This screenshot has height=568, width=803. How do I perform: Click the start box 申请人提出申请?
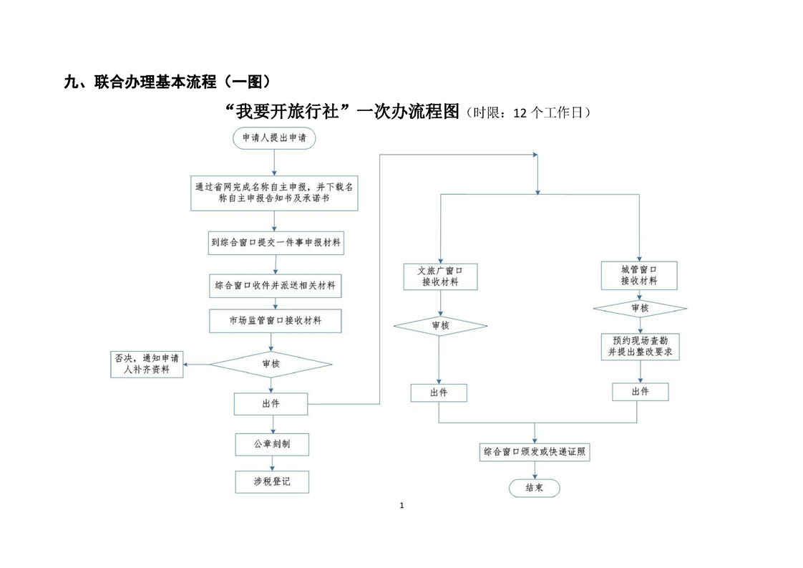pos(274,138)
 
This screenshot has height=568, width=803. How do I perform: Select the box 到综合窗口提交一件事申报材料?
pos(276,243)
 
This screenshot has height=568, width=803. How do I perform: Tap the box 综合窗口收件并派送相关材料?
pos(276,286)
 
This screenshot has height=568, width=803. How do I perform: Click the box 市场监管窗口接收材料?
pos(276,321)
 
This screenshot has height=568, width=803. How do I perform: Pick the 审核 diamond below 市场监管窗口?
pos(271,364)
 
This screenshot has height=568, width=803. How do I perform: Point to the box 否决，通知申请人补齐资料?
pos(147,364)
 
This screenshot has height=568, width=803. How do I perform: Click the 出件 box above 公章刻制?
pos(271,404)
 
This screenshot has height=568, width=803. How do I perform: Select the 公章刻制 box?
pos(272,444)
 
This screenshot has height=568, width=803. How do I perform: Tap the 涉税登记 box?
pos(272,482)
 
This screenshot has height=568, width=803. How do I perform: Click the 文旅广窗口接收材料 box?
pos(440,276)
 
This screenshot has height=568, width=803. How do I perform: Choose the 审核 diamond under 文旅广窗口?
pos(440,326)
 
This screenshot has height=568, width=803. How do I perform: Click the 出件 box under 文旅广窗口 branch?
pos(439,393)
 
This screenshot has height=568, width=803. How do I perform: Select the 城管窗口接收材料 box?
pos(639,275)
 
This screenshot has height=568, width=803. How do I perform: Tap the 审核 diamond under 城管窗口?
pos(640,308)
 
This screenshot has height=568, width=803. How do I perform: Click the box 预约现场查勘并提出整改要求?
pos(639,347)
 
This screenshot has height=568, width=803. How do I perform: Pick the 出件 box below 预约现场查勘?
pos(640,392)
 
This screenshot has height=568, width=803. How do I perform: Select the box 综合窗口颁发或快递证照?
pos(535,452)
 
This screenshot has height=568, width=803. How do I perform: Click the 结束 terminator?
pos(534,488)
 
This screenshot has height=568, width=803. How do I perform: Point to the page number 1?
pos(401,506)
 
